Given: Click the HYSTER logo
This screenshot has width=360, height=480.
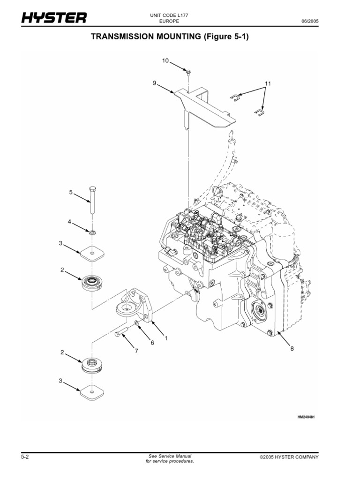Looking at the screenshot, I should pyautogui.click(x=53, y=18).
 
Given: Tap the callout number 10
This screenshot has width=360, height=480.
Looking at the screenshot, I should pyautogui.click(x=165, y=60).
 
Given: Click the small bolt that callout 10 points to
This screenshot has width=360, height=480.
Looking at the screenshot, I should pyautogui.click(x=187, y=72).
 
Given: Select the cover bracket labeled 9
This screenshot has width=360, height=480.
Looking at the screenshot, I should pyautogui.click(x=202, y=105).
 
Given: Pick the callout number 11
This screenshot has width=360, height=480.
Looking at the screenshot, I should pyautogui.click(x=268, y=83).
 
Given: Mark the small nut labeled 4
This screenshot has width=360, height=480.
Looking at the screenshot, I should pyautogui.click(x=92, y=231).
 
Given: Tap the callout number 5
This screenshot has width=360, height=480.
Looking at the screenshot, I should pyautogui.click(x=71, y=192).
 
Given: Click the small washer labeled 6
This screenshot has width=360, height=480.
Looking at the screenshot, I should pyautogui.click(x=135, y=322).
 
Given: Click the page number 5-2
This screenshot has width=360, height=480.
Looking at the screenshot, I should pyautogui.click(x=26, y=457).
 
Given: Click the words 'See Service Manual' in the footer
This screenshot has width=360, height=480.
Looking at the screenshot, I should pyautogui.click(x=169, y=456).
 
